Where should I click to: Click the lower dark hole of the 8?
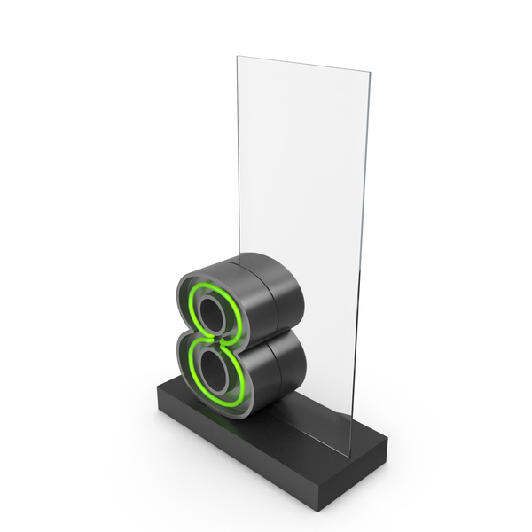tap(214, 371)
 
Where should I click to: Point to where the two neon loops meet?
tap(216, 340)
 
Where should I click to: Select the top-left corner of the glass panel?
tap(237, 57)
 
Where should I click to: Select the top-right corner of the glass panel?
tap(370, 72)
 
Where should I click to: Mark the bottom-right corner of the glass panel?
tap(350, 457)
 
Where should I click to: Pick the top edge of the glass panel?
tap(303, 64)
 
